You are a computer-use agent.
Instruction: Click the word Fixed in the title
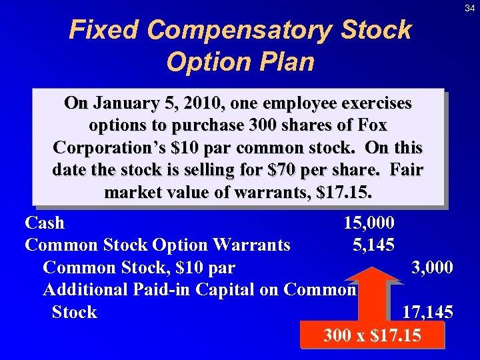point(105,30)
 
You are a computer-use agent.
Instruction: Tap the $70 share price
point(303,169)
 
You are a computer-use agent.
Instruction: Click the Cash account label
point(45,223)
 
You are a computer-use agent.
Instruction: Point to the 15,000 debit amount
point(369,223)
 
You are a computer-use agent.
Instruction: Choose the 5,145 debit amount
point(373,245)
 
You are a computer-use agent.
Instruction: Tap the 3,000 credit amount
point(432,267)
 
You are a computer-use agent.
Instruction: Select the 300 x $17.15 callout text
point(372,335)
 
